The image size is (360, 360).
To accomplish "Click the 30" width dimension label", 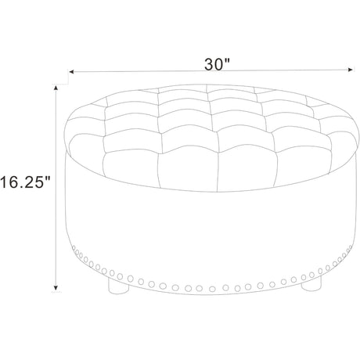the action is click(x=217, y=64).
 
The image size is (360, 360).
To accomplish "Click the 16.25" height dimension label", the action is click(x=25, y=182).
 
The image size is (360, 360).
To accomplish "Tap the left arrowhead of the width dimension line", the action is click(x=71, y=71).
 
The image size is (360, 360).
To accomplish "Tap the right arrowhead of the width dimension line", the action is click(x=351, y=70).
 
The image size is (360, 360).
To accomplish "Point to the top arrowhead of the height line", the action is click(x=56, y=88).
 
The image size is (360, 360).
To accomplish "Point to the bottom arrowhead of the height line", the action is click(x=56, y=287).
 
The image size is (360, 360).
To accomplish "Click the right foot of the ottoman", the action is click(x=311, y=284).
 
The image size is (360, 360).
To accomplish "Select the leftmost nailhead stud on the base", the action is click(x=74, y=247).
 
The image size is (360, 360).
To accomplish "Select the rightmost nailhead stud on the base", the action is click(x=351, y=247).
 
